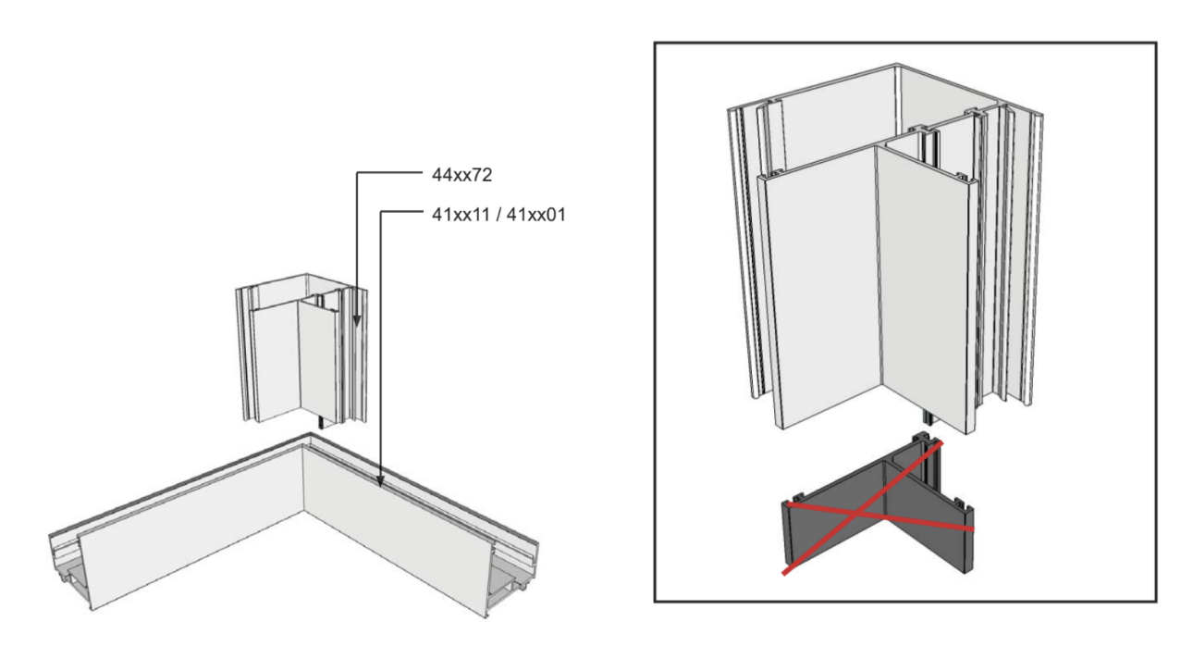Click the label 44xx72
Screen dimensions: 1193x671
click(461, 175)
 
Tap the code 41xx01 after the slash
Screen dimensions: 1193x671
click(535, 215)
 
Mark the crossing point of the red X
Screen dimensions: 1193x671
click(857, 514)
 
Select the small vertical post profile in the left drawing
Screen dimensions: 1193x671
click(301, 349)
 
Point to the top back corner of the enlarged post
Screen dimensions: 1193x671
click(896, 65)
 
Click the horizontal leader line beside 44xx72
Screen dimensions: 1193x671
click(389, 172)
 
